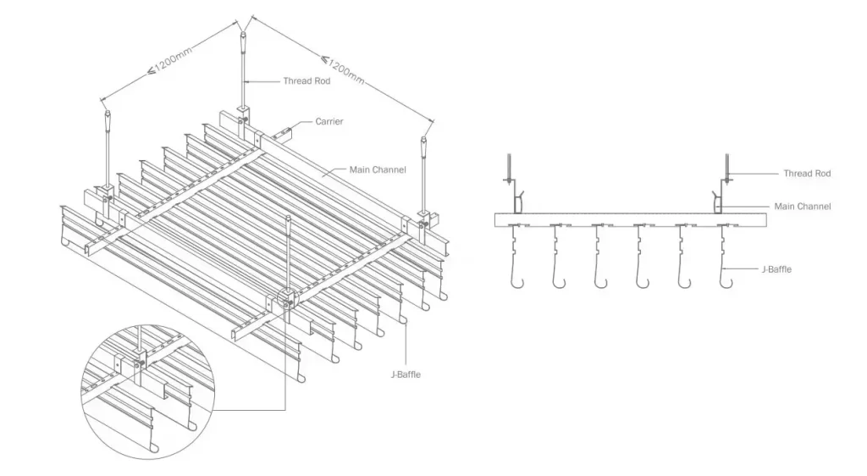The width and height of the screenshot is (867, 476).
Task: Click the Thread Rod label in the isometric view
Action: click(x=306, y=81)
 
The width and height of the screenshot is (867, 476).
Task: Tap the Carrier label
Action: click(x=329, y=122)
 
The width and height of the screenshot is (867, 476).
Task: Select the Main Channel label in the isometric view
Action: click(x=378, y=170)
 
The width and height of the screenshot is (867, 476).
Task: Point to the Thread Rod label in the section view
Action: click(x=807, y=174)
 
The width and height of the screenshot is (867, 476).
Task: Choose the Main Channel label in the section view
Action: click(x=802, y=207)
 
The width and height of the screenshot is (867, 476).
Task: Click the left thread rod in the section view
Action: click(x=508, y=169)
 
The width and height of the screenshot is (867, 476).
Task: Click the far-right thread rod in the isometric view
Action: click(x=424, y=169)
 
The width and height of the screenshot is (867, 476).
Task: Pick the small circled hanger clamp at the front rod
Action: click(x=288, y=299)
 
